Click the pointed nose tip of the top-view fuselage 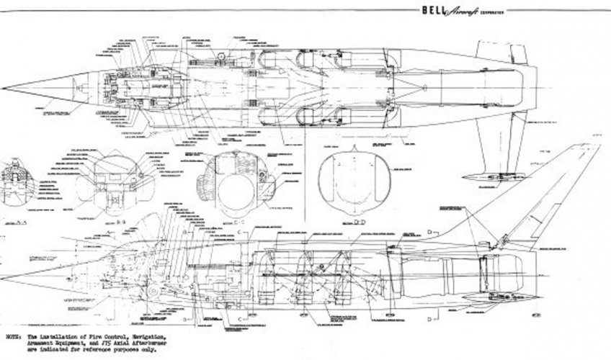tap(3, 88)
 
